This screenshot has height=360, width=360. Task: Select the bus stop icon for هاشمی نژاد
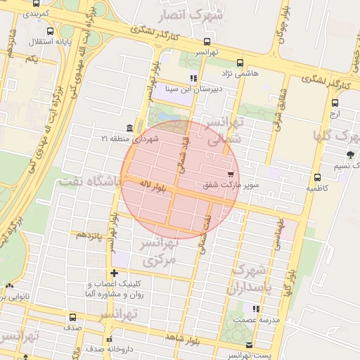[x=240, y=63]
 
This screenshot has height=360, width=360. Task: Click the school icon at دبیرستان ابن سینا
[x=193, y=78]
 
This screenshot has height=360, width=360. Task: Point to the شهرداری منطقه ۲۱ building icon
[x=129, y=128]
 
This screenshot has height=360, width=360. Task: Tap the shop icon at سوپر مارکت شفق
[x=230, y=174]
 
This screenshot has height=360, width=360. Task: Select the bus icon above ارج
[x=335, y=103]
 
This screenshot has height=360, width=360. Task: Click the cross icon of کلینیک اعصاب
[x=114, y=273]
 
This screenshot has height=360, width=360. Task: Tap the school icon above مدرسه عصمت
[x=256, y=309]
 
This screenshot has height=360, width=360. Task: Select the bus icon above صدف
[x=73, y=316]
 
